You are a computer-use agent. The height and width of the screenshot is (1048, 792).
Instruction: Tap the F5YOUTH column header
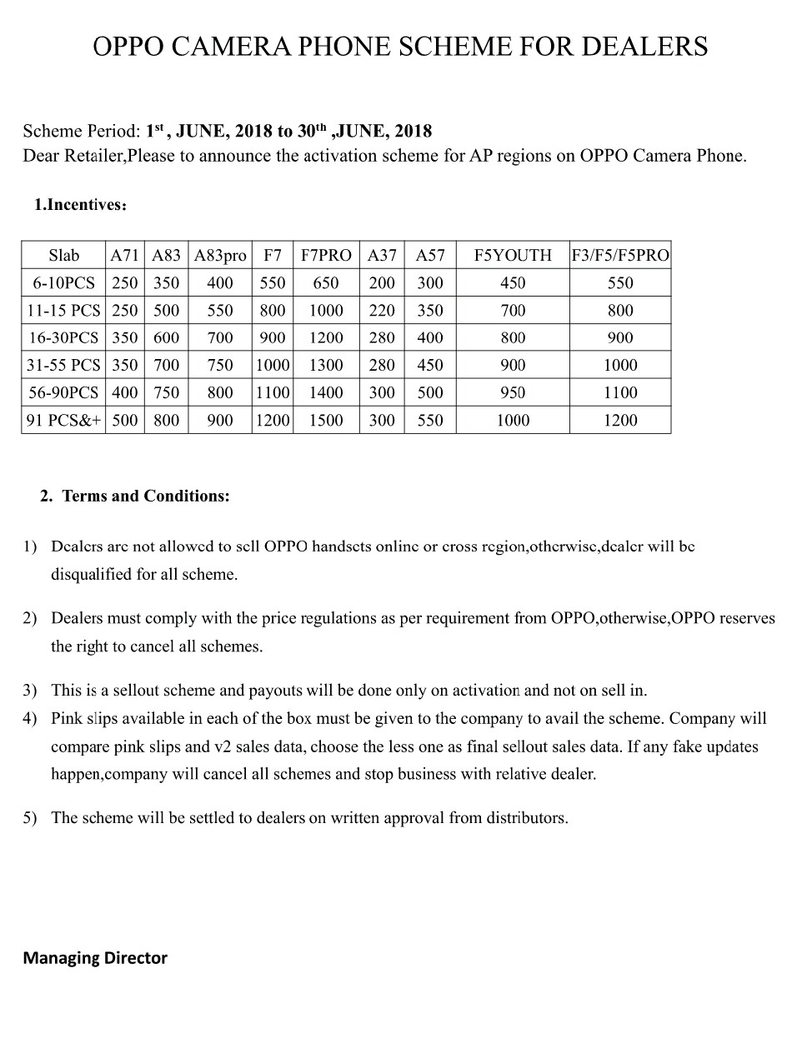(513, 255)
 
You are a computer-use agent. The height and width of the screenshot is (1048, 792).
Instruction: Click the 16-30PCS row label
(63, 337)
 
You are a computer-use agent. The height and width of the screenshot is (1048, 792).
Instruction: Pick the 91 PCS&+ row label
(63, 420)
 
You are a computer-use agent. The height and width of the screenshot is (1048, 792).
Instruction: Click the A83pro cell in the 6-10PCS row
(220, 282)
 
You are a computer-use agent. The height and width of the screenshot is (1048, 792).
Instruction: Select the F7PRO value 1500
(326, 420)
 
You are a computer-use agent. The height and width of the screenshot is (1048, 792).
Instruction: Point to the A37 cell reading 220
(382, 310)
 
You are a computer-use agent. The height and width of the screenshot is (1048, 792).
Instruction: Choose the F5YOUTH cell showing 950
(513, 392)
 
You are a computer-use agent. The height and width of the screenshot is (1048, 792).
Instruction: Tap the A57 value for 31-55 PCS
(430, 365)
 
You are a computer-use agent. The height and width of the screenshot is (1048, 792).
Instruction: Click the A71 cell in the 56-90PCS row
(125, 392)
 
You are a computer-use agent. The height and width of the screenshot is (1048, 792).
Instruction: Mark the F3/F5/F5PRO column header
(620, 255)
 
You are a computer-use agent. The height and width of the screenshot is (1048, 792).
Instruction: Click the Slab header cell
(63, 255)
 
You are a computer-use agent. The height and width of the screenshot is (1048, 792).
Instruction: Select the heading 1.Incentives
(80, 205)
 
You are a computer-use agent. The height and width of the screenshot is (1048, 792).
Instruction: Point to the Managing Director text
(95, 957)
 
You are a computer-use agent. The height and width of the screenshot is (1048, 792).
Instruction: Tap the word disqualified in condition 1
(92, 574)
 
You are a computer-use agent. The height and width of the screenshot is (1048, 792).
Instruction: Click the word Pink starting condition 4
(67, 717)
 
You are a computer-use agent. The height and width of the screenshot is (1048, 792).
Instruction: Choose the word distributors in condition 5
(520, 817)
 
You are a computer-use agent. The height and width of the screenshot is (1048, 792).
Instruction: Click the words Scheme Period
(81, 131)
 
